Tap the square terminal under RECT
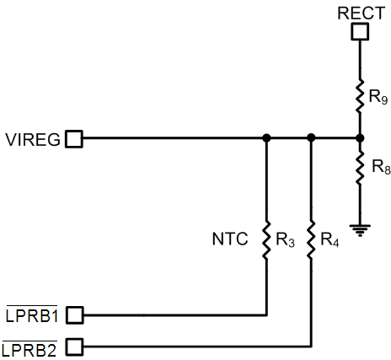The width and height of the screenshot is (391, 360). [360, 32]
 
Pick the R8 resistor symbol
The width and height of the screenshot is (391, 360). [360, 169]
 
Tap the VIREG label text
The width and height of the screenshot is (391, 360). [32, 139]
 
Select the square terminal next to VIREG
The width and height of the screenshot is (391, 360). [74, 138]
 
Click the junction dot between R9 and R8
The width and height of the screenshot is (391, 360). [360, 138]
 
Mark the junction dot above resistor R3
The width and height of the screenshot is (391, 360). [266, 138]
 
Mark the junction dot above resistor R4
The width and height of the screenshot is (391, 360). [312, 138]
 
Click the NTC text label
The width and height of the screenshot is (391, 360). [230, 239]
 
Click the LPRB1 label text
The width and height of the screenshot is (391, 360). [31, 315]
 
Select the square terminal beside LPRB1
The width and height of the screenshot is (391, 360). [74, 315]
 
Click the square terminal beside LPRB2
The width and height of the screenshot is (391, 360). [74, 346]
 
